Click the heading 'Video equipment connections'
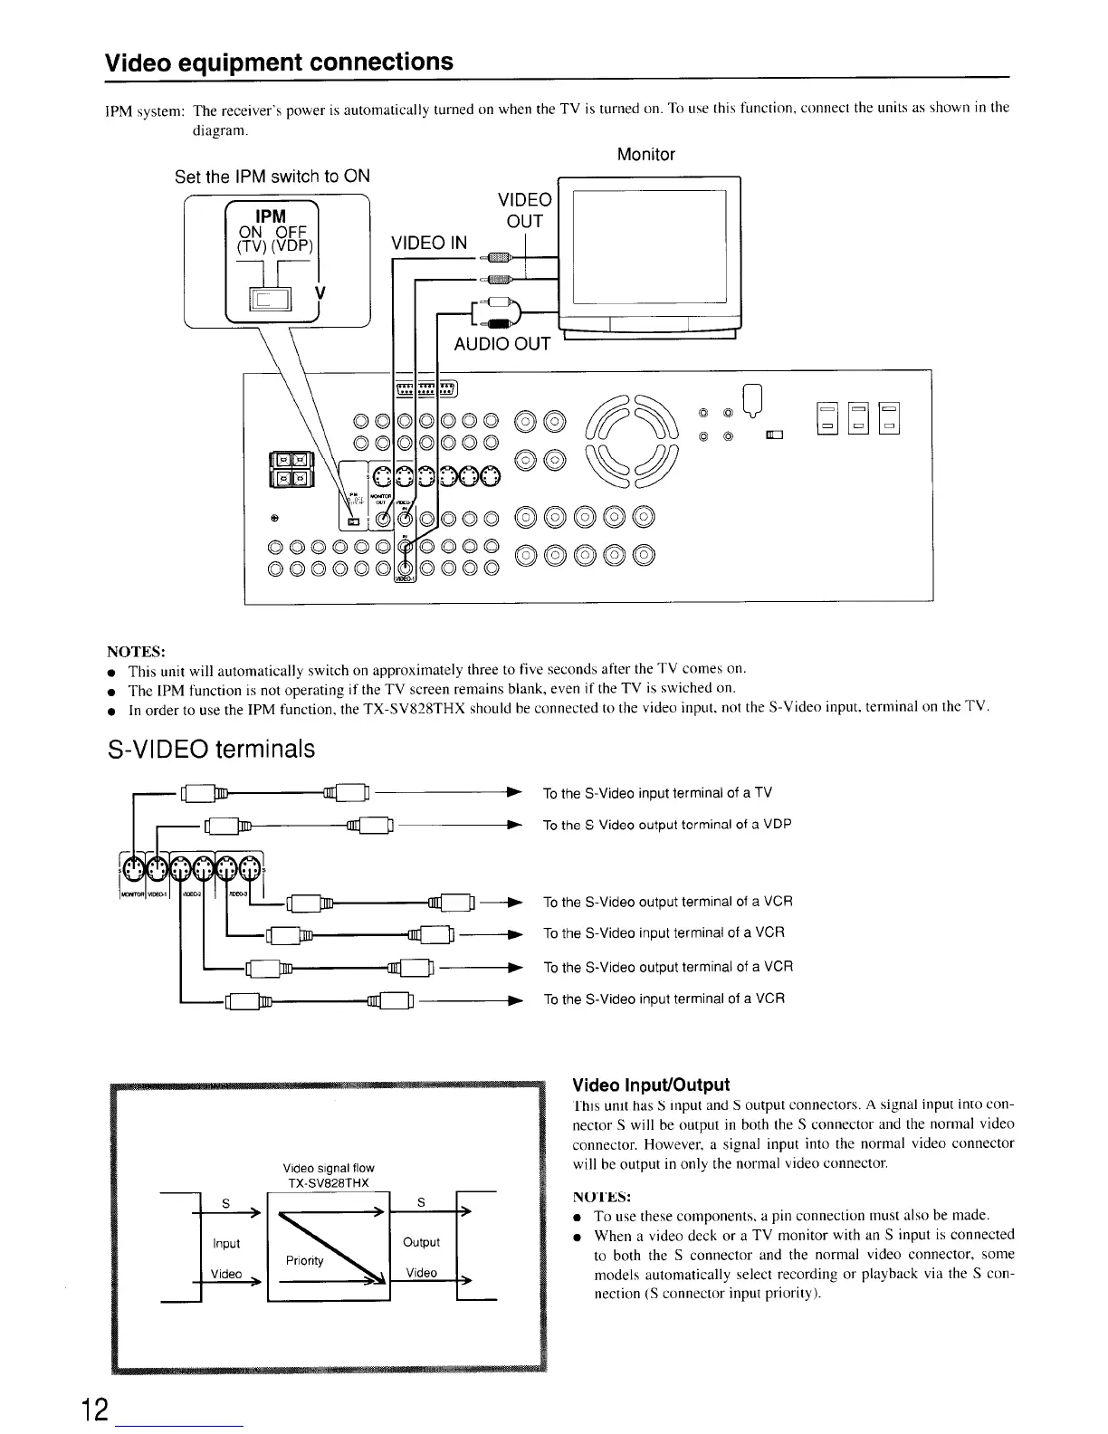coord(280,62)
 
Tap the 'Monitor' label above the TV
coord(645,155)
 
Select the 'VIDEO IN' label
coord(429,243)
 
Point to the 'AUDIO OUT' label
coord(502,344)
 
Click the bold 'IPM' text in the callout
coord(271,215)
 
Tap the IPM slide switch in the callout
coord(270,301)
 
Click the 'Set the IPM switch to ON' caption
coord(272,176)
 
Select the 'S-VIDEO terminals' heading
coord(212,750)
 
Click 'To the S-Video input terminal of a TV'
coord(657,794)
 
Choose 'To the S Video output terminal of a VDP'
coord(667,825)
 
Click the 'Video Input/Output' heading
coord(652,1085)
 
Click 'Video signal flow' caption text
coord(329,1168)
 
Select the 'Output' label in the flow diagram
coord(422,1242)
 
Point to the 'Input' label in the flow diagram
coord(226,1243)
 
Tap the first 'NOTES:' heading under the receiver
coord(136,652)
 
